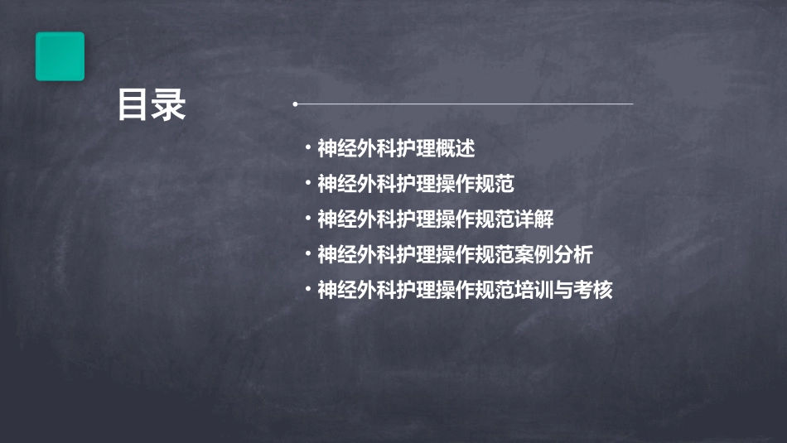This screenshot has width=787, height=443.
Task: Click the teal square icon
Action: (60, 56)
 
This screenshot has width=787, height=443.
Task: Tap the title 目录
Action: (152, 106)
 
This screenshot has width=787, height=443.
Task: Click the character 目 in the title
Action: (133, 106)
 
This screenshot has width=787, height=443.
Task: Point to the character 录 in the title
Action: (170, 106)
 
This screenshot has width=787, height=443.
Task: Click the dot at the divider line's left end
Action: (295, 104)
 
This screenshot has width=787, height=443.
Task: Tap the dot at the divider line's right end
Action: (632, 104)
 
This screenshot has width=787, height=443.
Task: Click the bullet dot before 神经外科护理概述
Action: (308, 149)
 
